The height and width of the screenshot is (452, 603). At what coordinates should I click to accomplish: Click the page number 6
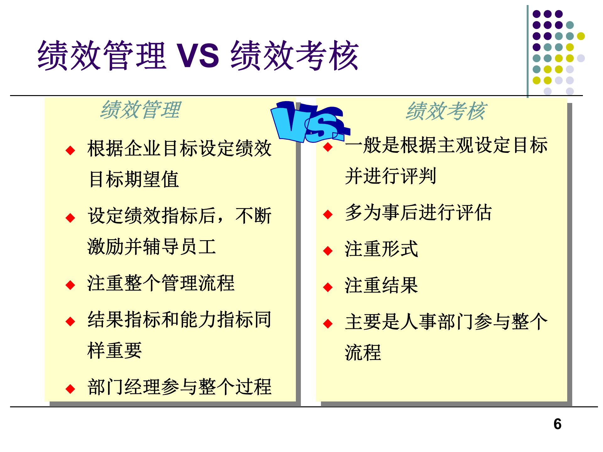pyautogui.click(x=557, y=424)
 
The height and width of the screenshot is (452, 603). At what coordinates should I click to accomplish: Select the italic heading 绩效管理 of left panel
pyautogui.click(x=140, y=110)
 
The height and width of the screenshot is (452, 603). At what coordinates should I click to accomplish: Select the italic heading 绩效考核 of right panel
pyautogui.click(x=446, y=111)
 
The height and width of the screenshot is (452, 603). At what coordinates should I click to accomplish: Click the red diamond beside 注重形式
pyautogui.click(x=328, y=251)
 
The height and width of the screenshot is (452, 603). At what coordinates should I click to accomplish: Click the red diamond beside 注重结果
pyautogui.click(x=328, y=287)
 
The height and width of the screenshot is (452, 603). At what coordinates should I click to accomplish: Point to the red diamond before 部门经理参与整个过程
pyautogui.click(x=70, y=389)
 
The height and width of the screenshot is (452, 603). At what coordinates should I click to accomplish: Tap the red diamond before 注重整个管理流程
pyautogui.click(x=70, y=285)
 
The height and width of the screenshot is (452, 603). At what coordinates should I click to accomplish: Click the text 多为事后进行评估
pyautogui.click(x=418, y=213)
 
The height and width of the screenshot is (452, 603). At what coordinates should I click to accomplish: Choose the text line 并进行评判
pyautogui.click(x=390, y=176)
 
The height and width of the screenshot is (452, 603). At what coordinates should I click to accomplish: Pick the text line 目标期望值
pyautogui.click(x=134, y=179)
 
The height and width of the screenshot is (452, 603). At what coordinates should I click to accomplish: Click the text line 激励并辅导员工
pyautogui.click(x=152, y=247)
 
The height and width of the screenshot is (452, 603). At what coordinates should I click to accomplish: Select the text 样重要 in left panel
pyautogui.click(x=115, y=350)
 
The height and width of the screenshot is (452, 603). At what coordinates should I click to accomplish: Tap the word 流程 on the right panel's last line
pyautogui.click(x=363, y=352)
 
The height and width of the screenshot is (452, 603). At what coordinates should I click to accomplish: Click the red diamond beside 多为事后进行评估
pyautogui.click(x=328, y=214)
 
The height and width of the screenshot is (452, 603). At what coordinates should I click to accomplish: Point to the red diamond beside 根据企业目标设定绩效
pyautogui.click(x=70, y=150)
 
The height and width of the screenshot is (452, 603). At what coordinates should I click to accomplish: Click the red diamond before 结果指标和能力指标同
pyautogui.click(x=70, y=321)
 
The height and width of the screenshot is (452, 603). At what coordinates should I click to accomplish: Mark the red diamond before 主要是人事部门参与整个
pyautogui.click(x=328, y=323)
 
